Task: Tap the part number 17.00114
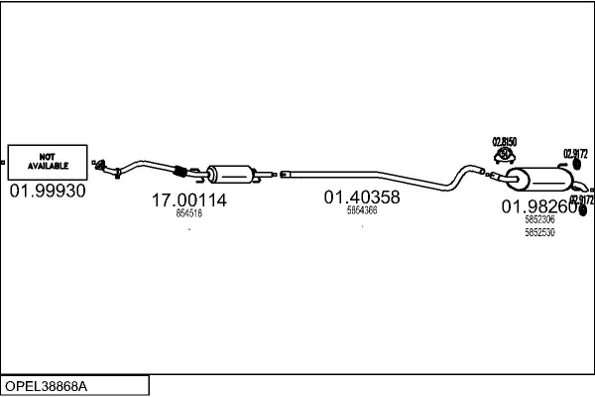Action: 188,200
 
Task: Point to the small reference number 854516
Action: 188,213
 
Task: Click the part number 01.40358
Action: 362,198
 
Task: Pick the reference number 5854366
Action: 362,210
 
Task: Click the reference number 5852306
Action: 539,220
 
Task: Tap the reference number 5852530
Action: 539,232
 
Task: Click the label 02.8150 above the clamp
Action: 505,143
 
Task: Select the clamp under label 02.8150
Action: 505,157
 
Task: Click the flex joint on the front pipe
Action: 180,170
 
